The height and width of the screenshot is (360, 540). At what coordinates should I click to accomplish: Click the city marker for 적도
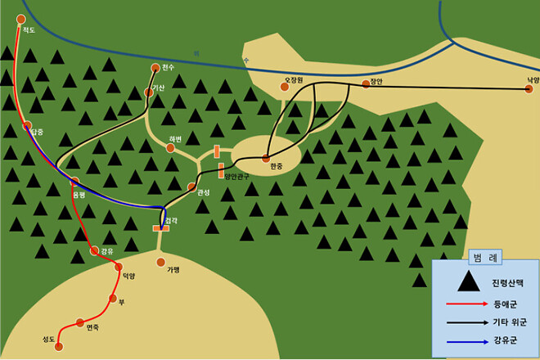pos(20,19)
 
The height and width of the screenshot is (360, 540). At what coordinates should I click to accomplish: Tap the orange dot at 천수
pos(155,68)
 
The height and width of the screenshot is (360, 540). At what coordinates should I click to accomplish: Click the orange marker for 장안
pos(366,83)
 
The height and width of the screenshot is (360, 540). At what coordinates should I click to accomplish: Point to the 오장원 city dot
pos(286,87)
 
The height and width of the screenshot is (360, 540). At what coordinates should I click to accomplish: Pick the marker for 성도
pos(59,347)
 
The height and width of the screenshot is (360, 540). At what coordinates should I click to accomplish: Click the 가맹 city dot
pos(161,262)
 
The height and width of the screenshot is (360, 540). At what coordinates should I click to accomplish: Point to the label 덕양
pos(128,277)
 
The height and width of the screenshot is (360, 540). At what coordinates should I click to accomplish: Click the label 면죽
pos(92,328)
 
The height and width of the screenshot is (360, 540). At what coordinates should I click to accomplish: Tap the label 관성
pos(203,193)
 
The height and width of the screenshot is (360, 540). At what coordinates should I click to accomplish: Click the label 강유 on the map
pos(107,251)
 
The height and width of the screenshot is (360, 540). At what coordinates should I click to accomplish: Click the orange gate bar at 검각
pos(161,228)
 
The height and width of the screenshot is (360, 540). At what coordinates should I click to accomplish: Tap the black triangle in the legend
pos(468,282)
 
